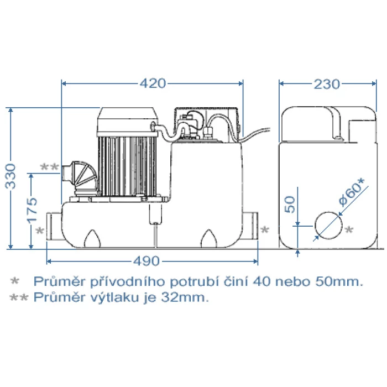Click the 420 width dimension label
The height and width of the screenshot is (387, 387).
(153, 83)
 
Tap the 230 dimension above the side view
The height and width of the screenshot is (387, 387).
(327, 84)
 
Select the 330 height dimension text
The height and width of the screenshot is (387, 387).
(11, 176)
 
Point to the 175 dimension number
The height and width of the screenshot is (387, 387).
(32, 211)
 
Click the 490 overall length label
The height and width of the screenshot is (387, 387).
(147, 261)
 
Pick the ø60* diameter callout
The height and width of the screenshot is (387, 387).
(352, 192)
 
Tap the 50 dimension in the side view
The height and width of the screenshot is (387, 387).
(290, 205)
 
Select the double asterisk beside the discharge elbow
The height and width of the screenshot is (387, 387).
(50, 167)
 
